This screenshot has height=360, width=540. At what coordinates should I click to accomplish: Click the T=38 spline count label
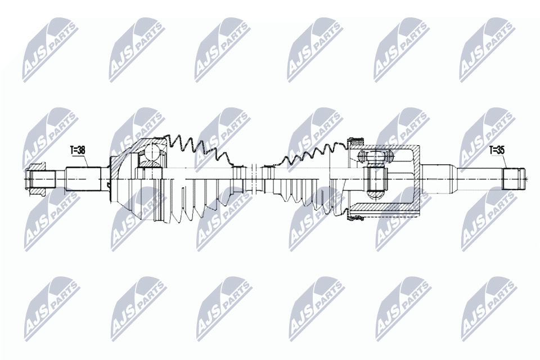click(77, 151)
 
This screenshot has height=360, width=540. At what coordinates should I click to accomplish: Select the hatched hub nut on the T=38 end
click(38, 179)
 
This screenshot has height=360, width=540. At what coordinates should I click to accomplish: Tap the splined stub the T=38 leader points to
click(84, 178)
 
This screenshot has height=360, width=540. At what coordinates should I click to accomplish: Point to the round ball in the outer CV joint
click(151, 151)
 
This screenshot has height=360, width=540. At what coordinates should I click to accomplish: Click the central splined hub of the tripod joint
click(376, 178)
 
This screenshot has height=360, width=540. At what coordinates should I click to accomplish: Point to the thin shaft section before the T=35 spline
click(478, 178)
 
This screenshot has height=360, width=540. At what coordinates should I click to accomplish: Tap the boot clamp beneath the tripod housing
click(356, 215)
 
